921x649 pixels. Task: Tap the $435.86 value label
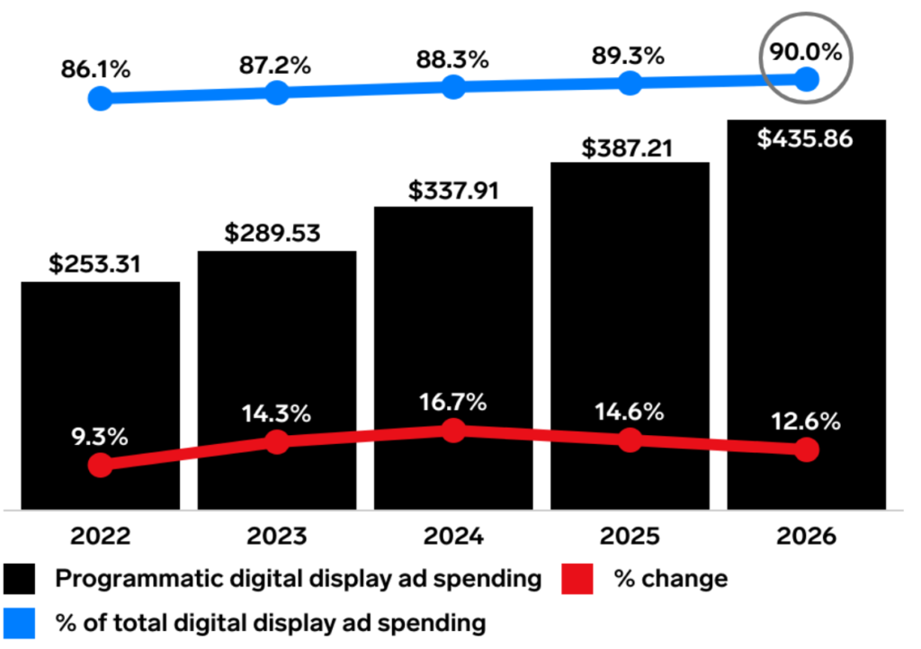[x=806, y=139]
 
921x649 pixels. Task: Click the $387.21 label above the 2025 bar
[x=630, y=146]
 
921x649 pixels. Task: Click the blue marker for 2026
[x=807, y=79]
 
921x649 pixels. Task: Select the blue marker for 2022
[x=101, y=98]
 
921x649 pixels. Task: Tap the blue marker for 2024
[x=453, y=87]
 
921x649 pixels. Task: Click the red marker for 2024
[x=453, y=431]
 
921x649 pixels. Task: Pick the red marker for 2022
[x=101, y=465]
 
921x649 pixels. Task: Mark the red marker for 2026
[x=807, y=449]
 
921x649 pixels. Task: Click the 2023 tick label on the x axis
[x=277, y=537]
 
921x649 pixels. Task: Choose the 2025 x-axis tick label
[x=630, y=537]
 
